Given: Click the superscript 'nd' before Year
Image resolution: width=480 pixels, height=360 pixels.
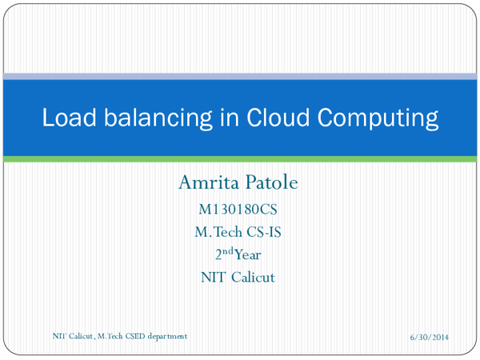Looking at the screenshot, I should pos(227,252).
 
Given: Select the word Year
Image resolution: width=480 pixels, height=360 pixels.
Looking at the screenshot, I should pos(248,256).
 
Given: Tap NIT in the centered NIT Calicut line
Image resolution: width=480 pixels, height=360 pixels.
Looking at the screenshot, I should pos(212,278).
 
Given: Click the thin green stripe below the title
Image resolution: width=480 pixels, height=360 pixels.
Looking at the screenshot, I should pos(240,159).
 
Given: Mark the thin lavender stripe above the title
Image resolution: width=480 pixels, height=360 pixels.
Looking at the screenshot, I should pos(240,77).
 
